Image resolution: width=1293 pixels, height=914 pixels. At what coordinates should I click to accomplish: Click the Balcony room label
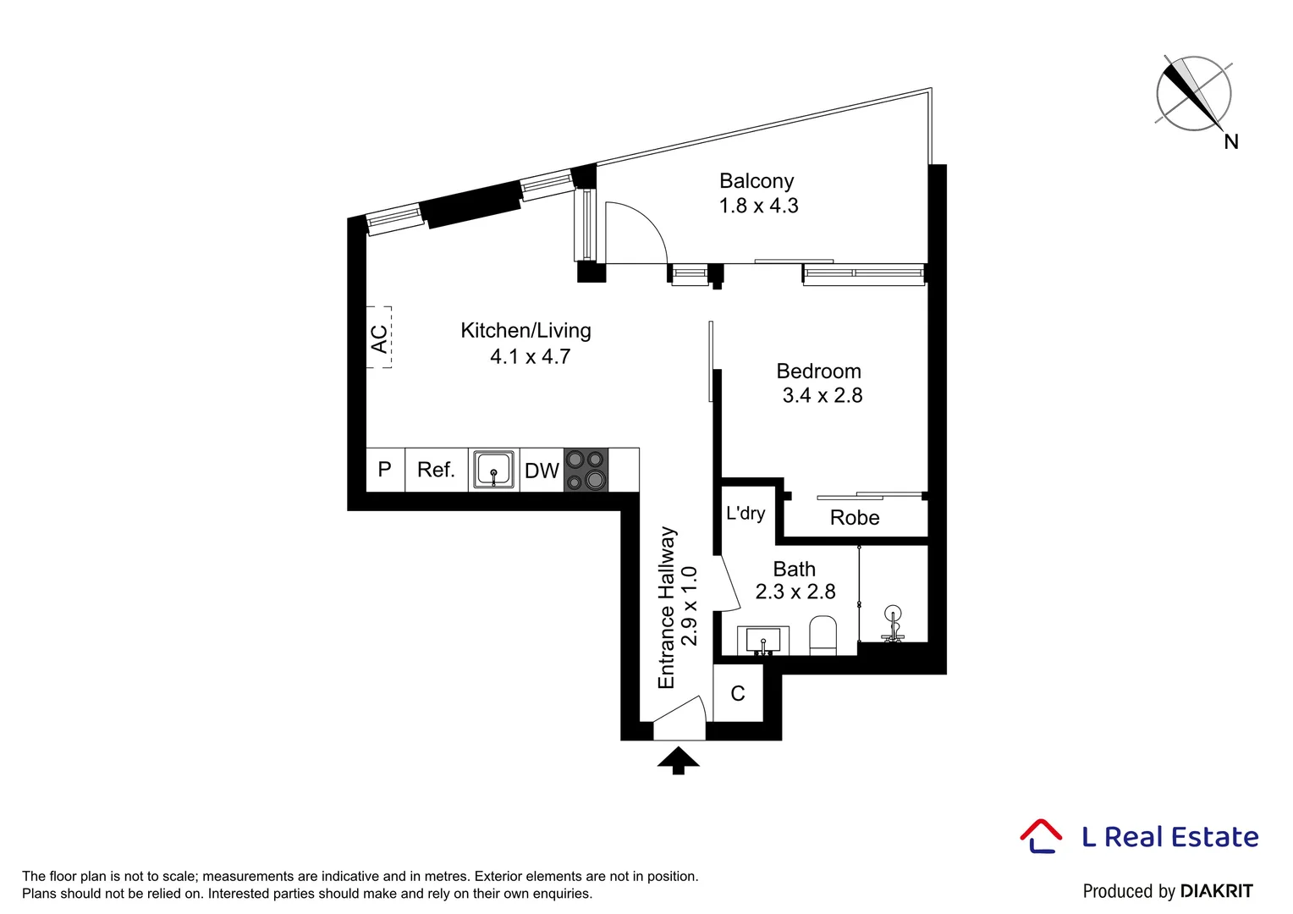757,181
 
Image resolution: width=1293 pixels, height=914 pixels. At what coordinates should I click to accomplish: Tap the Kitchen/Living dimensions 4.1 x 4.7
530,357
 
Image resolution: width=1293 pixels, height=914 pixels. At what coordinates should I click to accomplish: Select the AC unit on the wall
379,338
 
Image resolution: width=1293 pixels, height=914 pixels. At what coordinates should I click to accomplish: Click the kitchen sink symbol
493,469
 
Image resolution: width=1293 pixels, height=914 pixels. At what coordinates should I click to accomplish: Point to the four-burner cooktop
586,470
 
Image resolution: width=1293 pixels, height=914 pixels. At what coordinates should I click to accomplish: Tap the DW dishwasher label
542,471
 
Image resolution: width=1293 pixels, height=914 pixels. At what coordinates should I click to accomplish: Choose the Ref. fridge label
436,470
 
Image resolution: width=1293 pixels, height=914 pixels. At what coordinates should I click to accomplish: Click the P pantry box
385,470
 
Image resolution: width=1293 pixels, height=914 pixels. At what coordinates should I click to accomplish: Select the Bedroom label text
818,372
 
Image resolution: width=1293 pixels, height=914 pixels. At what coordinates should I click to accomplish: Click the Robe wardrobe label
855,518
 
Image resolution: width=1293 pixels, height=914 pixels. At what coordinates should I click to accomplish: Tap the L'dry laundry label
746,513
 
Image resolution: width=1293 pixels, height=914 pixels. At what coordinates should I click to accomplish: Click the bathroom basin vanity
762,640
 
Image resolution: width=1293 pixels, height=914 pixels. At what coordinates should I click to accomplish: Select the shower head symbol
892,615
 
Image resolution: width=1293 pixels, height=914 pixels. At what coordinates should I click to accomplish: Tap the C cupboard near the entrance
738,694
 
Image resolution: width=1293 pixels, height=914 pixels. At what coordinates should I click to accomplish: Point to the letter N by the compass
1231,142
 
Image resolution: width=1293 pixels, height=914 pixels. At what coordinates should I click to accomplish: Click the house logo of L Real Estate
1041,835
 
